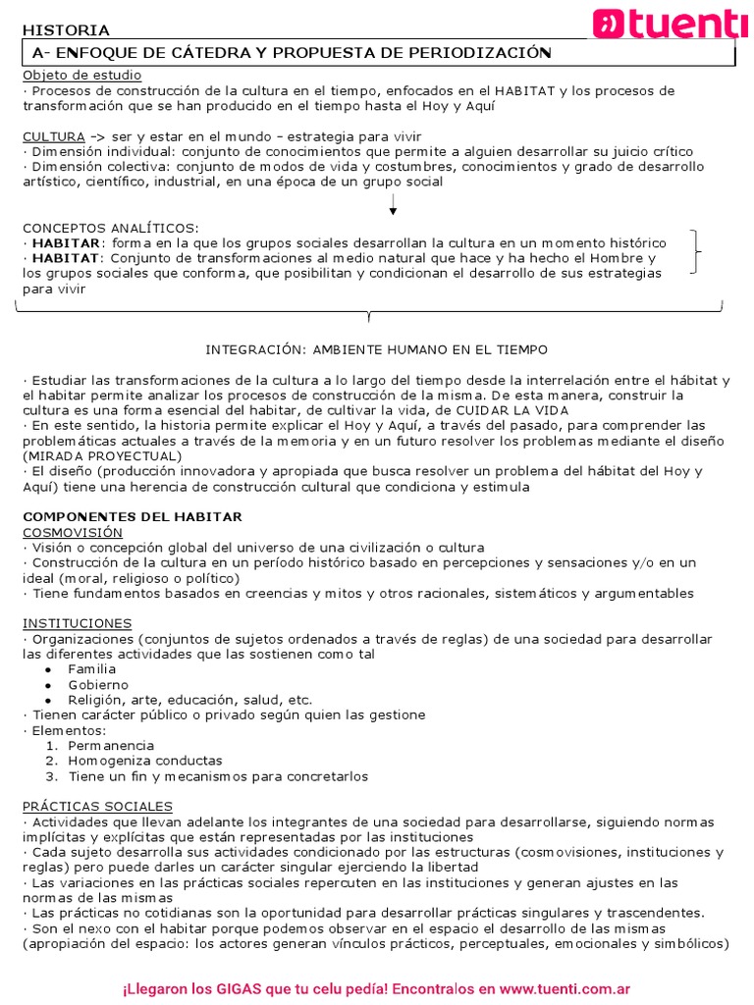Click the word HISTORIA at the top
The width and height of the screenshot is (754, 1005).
point(66,30)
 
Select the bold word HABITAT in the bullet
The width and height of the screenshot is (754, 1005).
point(66,258)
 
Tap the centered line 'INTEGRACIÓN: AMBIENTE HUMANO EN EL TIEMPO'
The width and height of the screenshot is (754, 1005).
point(377,349)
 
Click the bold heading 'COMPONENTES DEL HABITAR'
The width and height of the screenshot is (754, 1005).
point(132,516)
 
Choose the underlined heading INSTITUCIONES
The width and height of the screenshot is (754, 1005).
point(77,623)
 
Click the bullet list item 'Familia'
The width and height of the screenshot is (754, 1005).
point(91,669)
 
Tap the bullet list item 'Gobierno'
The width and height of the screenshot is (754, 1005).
point(97,684)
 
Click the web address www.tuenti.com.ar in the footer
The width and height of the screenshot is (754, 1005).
point(556,963)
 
